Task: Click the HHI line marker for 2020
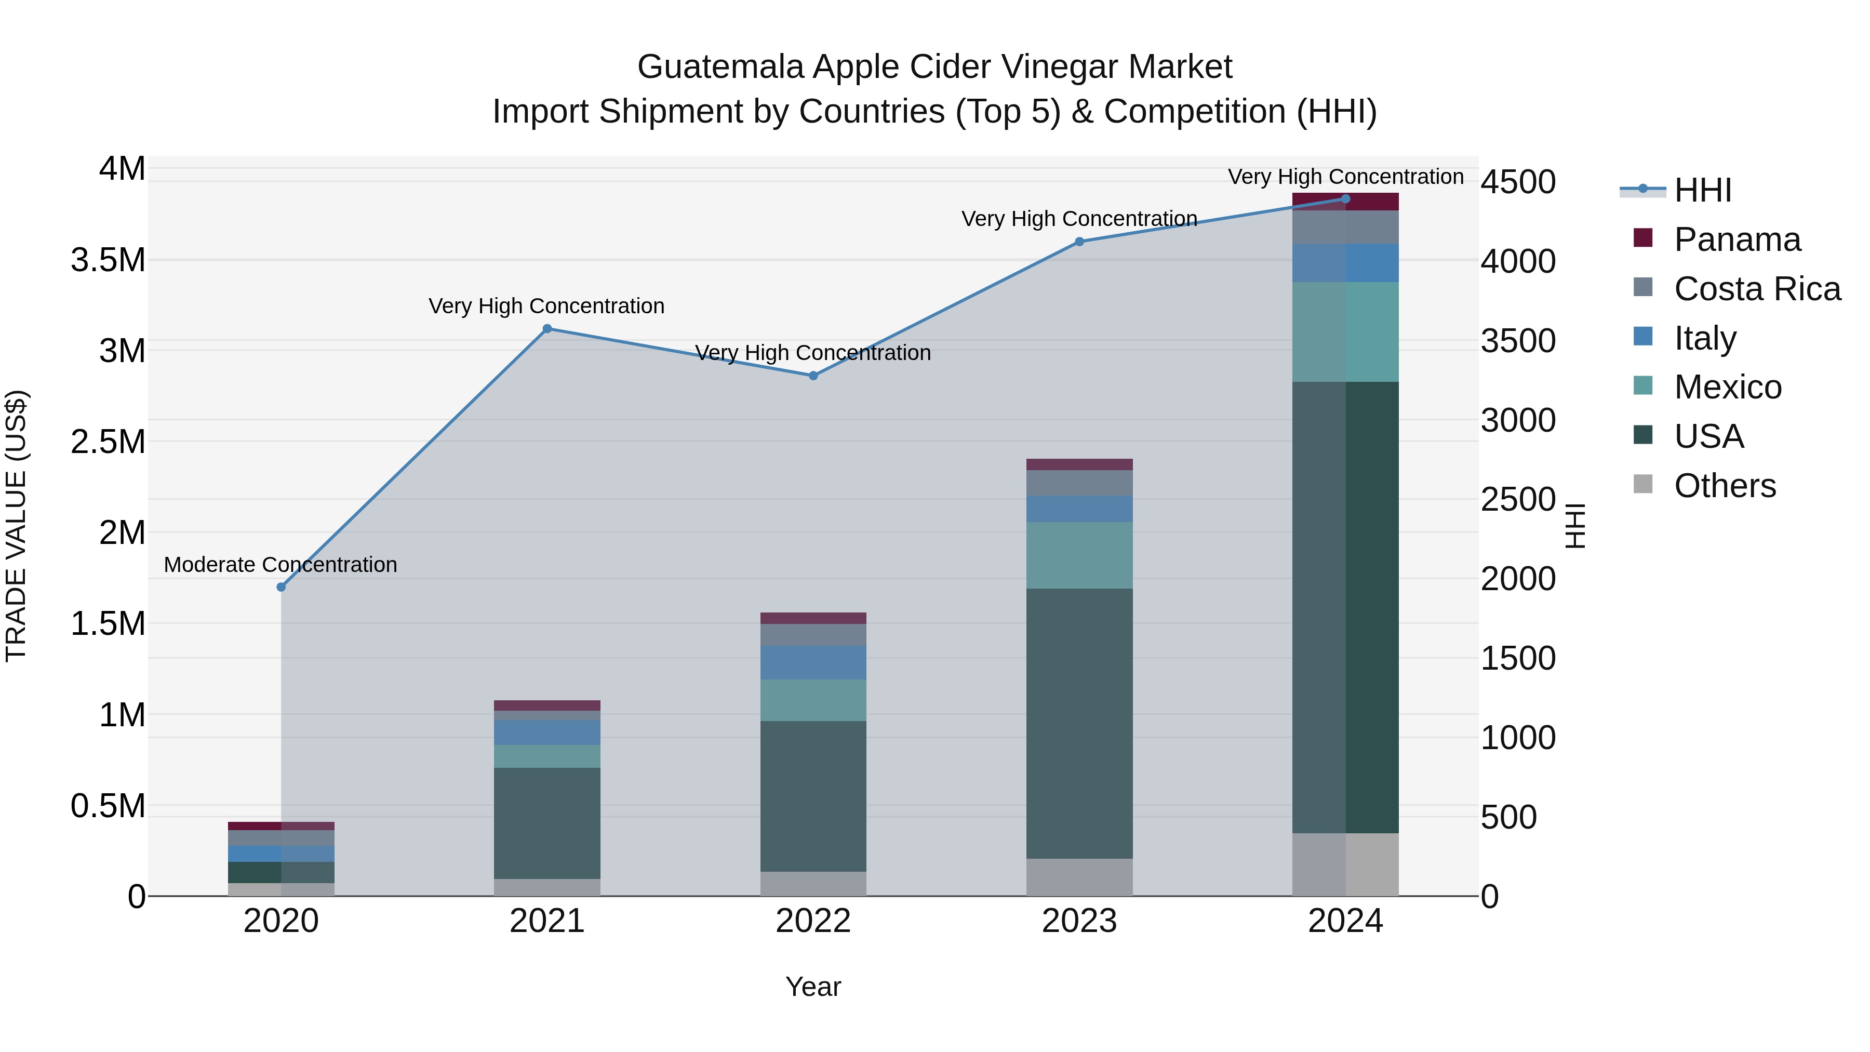(281, 587)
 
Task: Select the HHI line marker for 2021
(547, 328)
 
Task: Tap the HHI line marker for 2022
(813, 376)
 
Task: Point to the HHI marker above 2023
(1079, 242)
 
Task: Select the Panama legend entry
(1737, 239)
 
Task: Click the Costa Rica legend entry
(1757, 289)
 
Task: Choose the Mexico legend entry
(1727, 387)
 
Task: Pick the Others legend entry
(1724, 486)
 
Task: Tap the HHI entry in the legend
(1702, 190)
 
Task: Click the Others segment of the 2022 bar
(813, 884)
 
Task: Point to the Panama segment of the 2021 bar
(547, 705)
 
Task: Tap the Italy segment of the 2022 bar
(813, 662)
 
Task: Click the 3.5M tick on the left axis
(108, 260)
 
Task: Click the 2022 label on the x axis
(813, 921)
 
